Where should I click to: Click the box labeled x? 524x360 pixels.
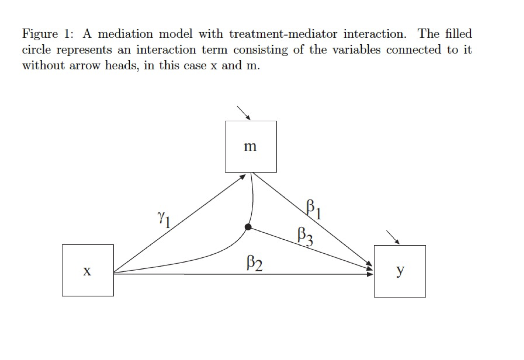[88, 270]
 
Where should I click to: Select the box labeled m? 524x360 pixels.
[251, 147]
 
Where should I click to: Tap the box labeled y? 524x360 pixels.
[400, 271]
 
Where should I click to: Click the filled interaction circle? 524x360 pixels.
[248, 227]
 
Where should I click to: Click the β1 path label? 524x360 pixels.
[313, 210]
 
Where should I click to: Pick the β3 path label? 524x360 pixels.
[305, 236]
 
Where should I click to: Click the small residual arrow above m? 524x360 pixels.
[243, 113]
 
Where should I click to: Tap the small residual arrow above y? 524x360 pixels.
[393, 237]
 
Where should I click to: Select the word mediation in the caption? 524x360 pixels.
[126, 34]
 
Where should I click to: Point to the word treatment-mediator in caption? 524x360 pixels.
[283, 34]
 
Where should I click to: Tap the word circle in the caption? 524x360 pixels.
[37, 50]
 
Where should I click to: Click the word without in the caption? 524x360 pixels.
[43, 65]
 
